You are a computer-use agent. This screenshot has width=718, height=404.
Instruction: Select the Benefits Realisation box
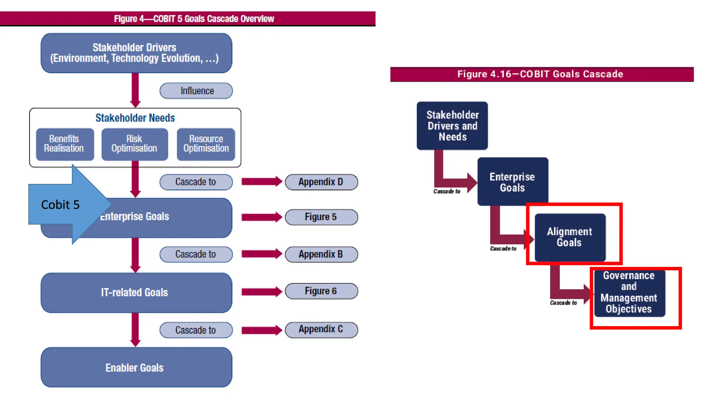(x=65, y=144)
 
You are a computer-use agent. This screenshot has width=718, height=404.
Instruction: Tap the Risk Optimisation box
(x=135, y=144)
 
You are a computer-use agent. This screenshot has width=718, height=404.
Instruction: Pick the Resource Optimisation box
(x=206, y=144)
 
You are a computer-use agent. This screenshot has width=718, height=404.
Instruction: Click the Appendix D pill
(x=321, y=182)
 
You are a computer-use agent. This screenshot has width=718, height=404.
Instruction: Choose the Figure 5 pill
(x=321, y=217)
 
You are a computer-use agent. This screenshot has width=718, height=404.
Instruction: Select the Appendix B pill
(x=321, y=254)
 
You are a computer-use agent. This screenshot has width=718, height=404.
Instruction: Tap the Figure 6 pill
(x=321, y=291)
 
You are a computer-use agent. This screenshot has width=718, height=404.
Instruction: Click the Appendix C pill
(x=321, y=330)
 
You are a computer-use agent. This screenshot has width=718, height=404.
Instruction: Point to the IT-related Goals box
(x=136, y=292)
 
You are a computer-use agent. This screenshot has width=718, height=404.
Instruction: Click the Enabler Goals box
(x=136, y=368)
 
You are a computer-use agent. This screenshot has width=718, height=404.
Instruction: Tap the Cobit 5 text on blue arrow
(x=60, y=204)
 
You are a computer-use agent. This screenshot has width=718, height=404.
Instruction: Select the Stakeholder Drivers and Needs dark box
(x=452, y=126)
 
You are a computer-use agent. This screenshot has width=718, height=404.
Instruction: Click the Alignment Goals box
(x=570, y=237)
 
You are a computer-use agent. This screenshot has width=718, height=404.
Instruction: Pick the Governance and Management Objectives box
(x=629, y=292)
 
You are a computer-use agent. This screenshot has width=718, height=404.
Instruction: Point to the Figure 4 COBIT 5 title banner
(x=194, y=19)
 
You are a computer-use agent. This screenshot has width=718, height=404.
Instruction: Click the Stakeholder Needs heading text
(x=135, y=118)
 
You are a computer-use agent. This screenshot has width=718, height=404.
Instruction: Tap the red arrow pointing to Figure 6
(x=262, y=291)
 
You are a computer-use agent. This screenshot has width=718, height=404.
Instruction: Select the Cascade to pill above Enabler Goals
(x=196, y=330)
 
